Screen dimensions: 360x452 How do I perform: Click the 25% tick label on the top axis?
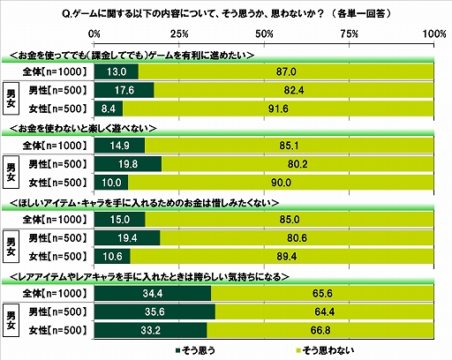[179, 33]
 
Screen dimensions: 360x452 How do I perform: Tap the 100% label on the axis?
[433, 33]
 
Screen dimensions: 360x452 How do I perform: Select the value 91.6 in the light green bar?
[281, 109]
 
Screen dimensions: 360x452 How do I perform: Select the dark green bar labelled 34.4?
[152, 292]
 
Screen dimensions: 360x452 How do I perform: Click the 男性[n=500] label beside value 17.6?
[56, 91]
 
